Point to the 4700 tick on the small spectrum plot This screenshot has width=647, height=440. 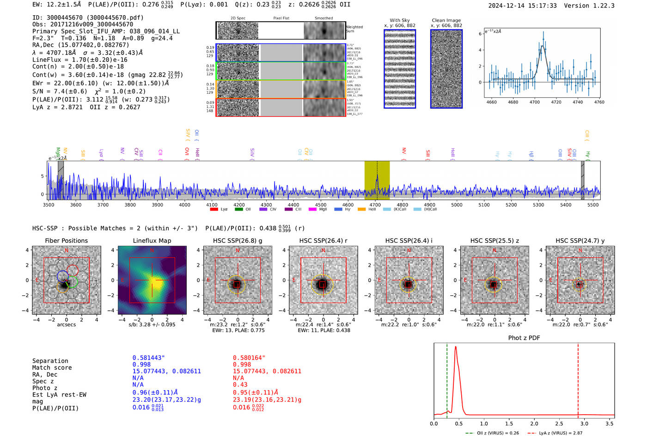pos(535,102)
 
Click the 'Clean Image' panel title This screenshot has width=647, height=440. pos(446,20)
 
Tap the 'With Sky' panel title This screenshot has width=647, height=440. pos(399,20)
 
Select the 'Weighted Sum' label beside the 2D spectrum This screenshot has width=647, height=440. pos(354,29)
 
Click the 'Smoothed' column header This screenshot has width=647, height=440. pos(323,18)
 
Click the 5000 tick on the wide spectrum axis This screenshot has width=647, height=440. pos(457,205)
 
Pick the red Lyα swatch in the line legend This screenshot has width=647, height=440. pos(214,210)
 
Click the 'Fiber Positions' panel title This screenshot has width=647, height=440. pos(66,241)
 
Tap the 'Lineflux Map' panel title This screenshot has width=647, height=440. pos(152,241)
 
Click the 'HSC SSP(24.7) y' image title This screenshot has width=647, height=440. pos(580,241)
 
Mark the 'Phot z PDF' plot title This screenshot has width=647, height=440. pos(524,338)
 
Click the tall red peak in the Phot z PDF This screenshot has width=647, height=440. pos(456,347)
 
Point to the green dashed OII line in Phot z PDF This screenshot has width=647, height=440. pos(447,379)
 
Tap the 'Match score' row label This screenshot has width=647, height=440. pos(52,368)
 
